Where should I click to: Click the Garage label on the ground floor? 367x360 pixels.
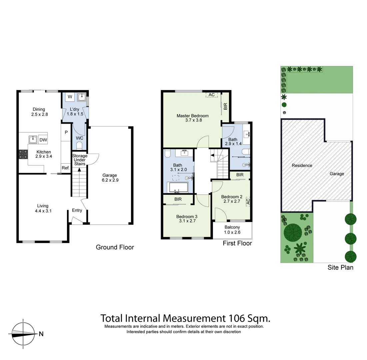coord(110,175)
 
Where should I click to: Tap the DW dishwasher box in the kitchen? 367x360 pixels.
coord(43,140)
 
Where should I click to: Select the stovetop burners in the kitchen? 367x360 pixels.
coord(23,154)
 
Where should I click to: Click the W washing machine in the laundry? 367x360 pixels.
coord(70,97)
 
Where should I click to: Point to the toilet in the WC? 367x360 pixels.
coord(79,145)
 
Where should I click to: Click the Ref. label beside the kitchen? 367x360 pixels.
coord(66,168)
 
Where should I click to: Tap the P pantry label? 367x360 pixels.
coord(66,132)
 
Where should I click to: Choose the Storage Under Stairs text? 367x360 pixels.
coord(80,160)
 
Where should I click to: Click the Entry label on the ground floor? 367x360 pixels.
coord(77,210)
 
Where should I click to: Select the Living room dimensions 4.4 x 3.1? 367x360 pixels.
coord(43,211)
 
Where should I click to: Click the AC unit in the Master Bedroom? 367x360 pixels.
coord(212,95)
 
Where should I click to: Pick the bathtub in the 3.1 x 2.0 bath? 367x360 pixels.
coord(179,187)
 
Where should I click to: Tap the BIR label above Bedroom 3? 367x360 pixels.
coord(178,199)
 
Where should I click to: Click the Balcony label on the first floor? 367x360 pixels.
coord(232,227)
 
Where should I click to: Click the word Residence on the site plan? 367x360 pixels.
coord(302,165)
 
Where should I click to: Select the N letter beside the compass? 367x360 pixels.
coord(41,334)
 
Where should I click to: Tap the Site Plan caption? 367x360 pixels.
coord(340,267)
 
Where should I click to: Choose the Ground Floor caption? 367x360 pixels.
coord(115,247)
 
